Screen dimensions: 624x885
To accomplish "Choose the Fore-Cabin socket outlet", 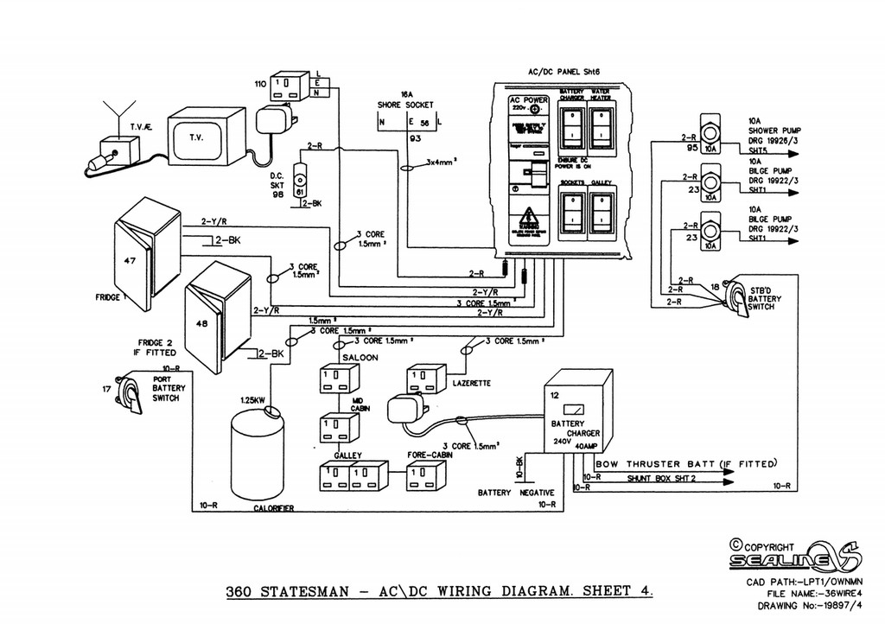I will [425, 475].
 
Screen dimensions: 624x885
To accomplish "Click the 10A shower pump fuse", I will [710, 133].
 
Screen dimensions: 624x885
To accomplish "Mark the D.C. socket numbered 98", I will [300, 181].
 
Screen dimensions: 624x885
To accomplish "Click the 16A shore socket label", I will [406, 99].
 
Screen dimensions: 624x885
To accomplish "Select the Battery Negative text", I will [515, 493].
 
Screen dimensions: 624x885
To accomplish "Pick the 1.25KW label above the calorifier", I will [253, 400].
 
